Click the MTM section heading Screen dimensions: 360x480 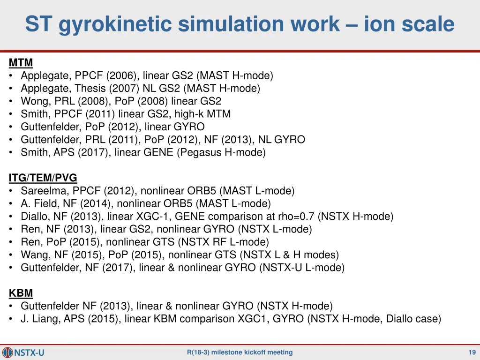click(x=21, y=63)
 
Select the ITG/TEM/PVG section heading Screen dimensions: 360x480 click(x=43, y=178)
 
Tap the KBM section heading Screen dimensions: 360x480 click(x=21, y=293)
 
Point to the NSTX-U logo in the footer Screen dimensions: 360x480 click(x=23, y=352)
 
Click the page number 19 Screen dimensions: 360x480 click(x=472, y=352)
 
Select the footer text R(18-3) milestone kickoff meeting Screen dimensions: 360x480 click(x=240, y=352)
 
